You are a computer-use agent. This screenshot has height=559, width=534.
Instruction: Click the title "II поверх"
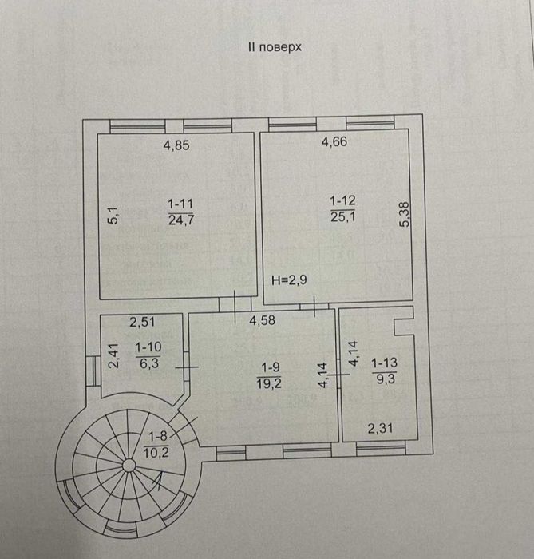pos(275,48)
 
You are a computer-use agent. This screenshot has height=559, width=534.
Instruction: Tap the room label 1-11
pos(181,204)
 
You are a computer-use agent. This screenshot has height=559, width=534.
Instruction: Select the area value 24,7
pos(181,220)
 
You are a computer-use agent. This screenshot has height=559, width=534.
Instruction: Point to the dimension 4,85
pos(176,145)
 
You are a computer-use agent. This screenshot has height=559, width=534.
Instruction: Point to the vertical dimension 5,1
pos(113,216)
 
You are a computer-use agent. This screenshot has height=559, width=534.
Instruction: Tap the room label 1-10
pos(148,347)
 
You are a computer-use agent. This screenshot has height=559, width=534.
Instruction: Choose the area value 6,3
pos(148,361)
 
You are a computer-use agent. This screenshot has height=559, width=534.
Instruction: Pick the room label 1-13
pos(383,362)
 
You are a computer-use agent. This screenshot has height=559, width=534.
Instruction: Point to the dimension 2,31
pos(380,430)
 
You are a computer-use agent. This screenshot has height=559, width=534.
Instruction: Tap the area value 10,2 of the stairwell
pos(155,450)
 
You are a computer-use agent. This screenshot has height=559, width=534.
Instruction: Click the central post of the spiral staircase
pos(128,465)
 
